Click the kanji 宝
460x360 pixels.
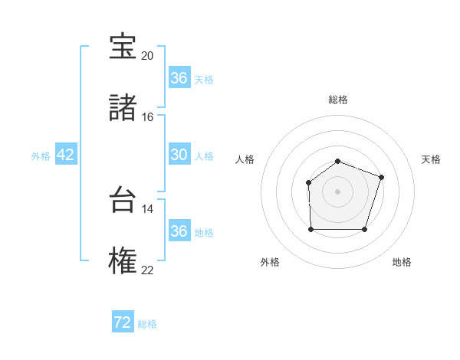click(x=123, y=47)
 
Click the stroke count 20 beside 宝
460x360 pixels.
click(x=147, y=56)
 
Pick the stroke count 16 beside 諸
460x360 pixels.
click(x=147, y=116)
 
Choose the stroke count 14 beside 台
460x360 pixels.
click(x=147, y=208)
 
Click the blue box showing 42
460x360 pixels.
click(x=66, y=155)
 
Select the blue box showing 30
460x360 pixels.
click(x=179, y=155)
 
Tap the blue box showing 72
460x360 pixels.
click(x=123, y=322)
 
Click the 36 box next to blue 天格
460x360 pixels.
click(x=179, y=78)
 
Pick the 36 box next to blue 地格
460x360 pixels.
click(x=179, y=231)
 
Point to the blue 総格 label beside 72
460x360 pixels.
click(x=147, y=324)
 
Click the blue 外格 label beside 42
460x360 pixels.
click(x=41, y=155)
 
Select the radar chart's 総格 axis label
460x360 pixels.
click(x=338, y=100)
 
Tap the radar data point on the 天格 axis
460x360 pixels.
click(x=382, y=177)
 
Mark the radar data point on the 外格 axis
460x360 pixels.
click(x=310, y=229)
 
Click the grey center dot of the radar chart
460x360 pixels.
click(x=338, y=191)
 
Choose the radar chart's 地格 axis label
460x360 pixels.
click(x=402, y=262)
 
